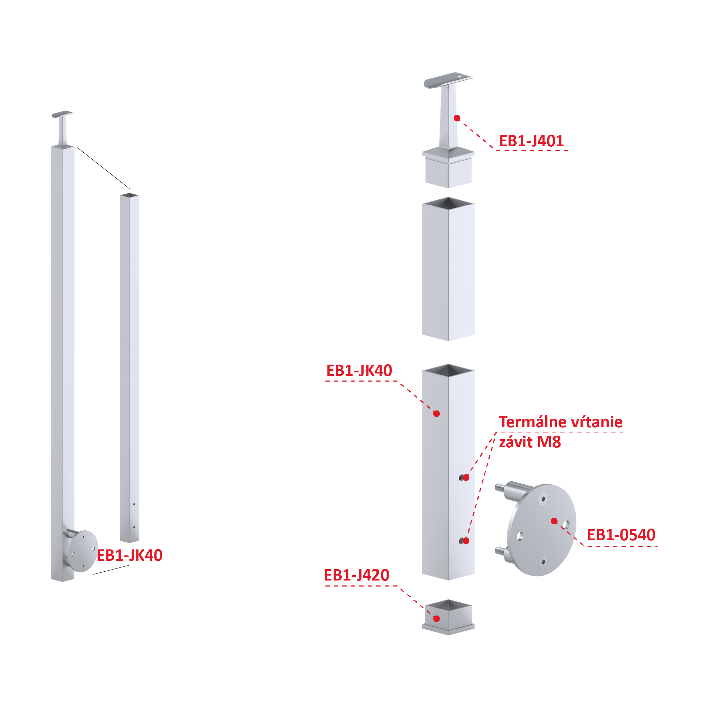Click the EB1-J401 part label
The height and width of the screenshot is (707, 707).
pos(531,141)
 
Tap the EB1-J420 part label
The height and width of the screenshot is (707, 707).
pos(357,575)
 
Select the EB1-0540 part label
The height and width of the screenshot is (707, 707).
pos(621,535)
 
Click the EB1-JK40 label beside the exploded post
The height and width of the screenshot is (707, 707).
pos(359,370)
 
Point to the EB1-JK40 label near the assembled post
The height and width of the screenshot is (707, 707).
pos(130,555)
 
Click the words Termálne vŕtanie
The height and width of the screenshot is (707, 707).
pos(561,422)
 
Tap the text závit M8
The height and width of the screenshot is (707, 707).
pos(530,442)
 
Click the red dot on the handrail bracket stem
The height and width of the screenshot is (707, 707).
pos(457,118)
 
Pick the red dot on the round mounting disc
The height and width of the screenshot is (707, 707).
pos(554,521)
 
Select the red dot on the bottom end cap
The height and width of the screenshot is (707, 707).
pos(437,619)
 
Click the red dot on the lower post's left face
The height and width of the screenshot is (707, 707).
pos(437,413)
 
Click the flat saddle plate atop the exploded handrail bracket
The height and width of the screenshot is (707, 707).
pos(448,80)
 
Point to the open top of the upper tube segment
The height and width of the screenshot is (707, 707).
pos(448,203)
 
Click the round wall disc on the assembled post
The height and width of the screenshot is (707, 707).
pos(83,551)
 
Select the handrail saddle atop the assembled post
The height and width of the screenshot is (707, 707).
pos(62,114)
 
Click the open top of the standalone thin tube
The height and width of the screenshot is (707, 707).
pos(130,195)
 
